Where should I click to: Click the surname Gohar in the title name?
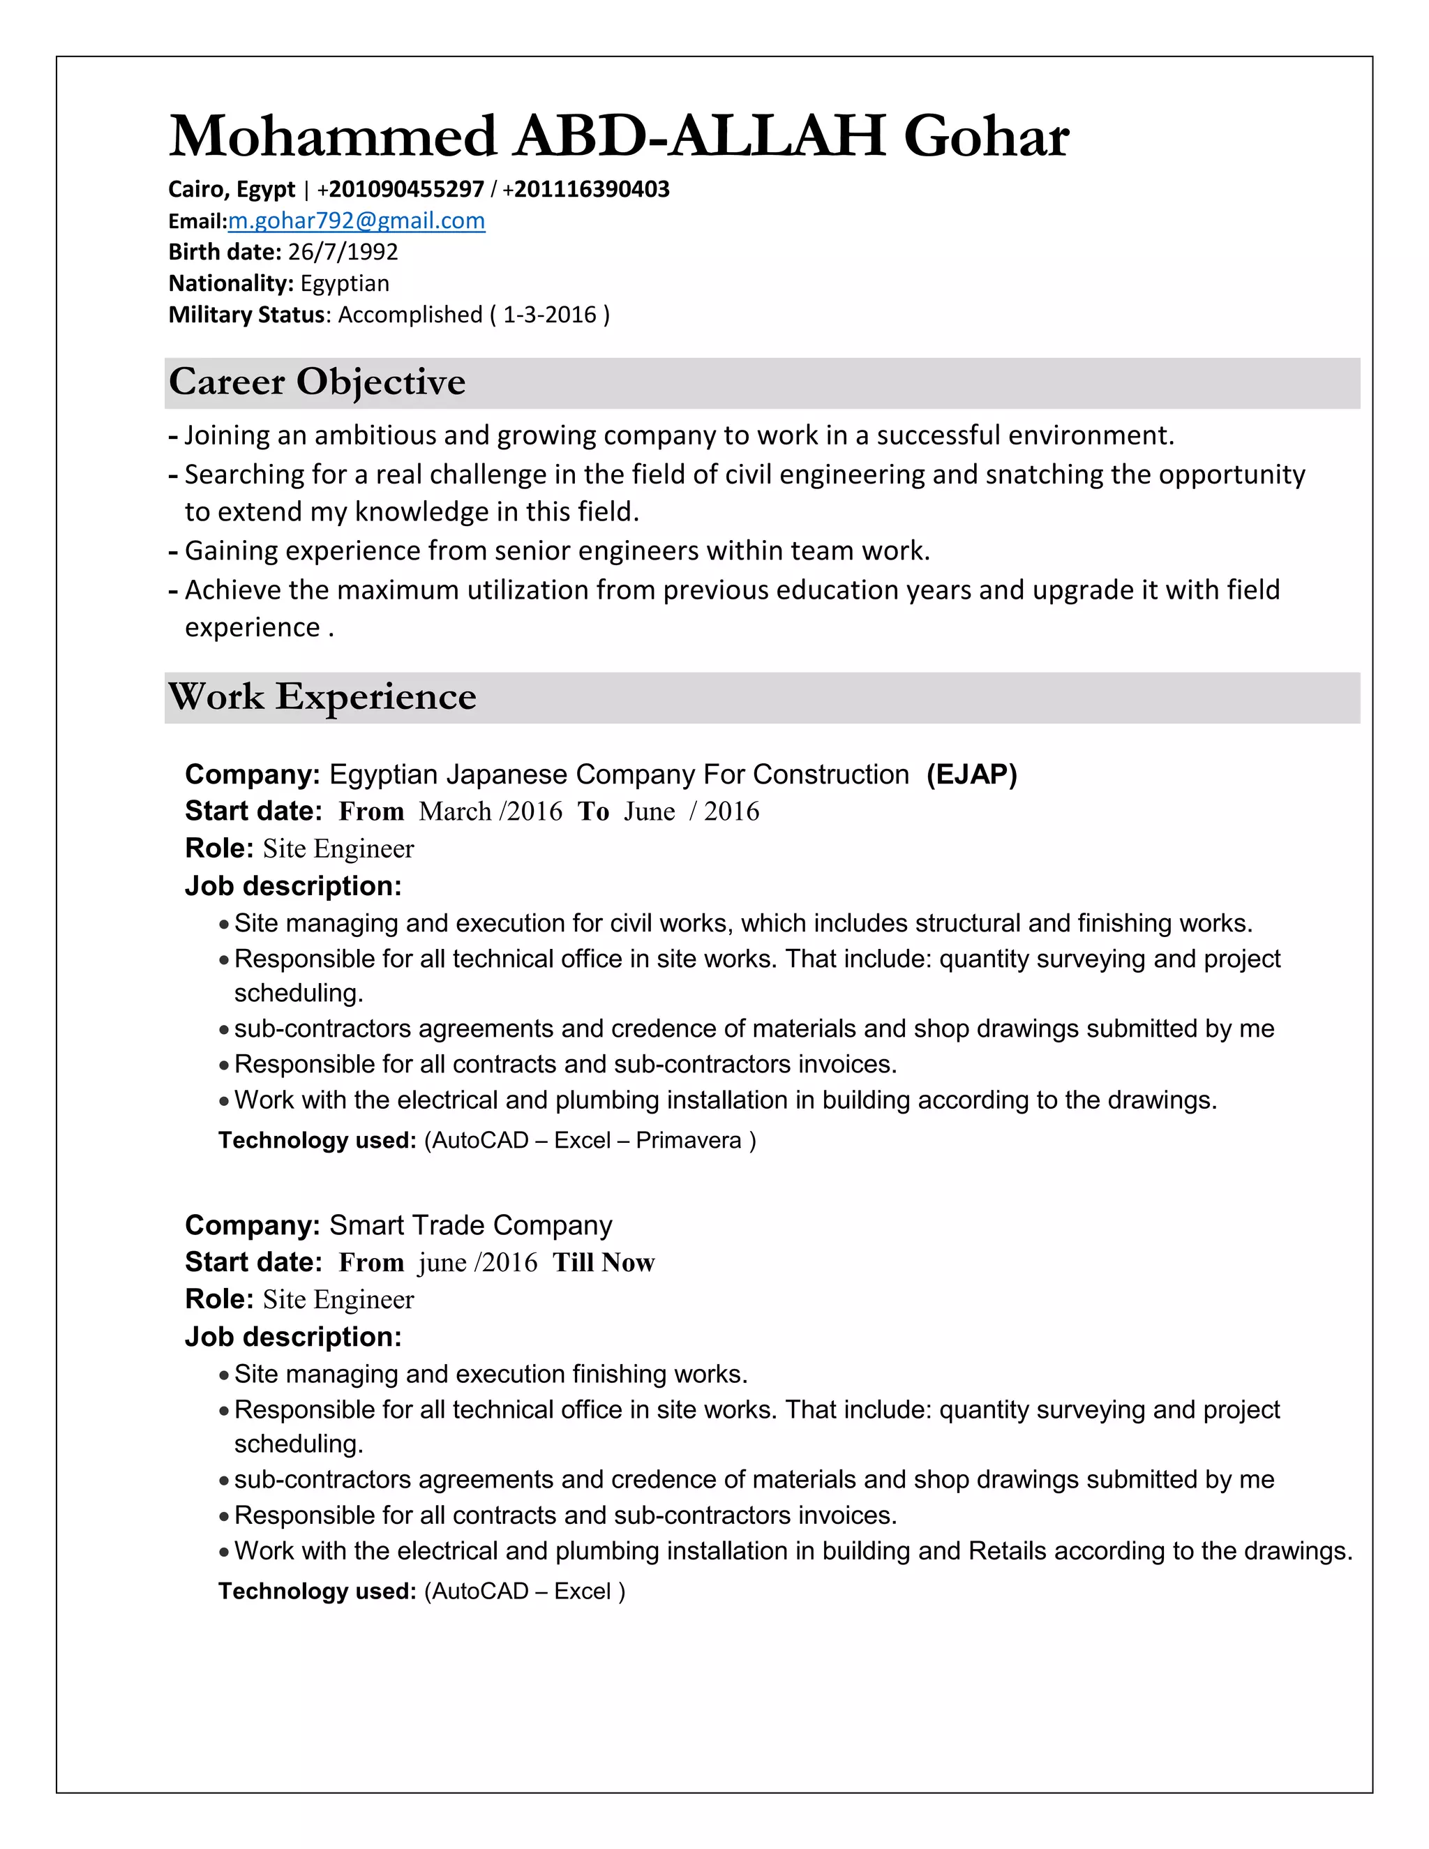[986, 136]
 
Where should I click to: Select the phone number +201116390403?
[586, 189]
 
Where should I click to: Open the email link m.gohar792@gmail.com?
[357, 221]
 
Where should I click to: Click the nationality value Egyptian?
[345, 283]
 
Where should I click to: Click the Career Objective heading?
[317, 382]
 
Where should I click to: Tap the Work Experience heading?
[322, 697]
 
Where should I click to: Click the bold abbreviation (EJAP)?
[971, 774]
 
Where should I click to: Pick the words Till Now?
[604, 1262]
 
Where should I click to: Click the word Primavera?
[688, 1140]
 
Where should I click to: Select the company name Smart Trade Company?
[471, 1225]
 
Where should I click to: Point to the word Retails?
[1008, 1551]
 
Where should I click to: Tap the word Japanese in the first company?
[507, 774]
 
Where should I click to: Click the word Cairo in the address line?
[198, 189]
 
